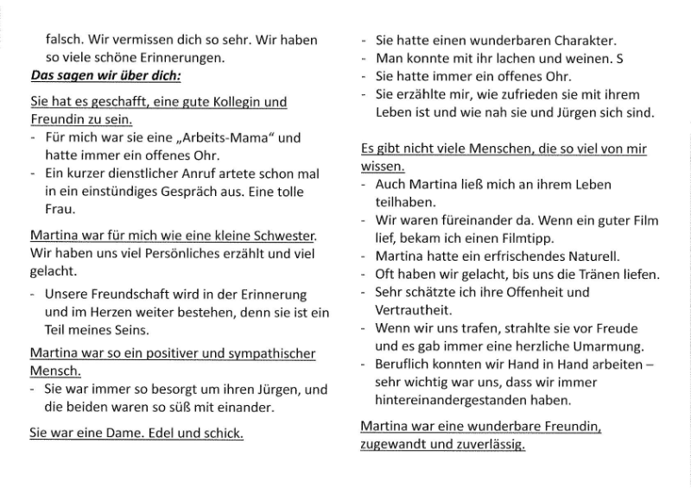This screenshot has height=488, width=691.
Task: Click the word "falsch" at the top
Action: (62, 40)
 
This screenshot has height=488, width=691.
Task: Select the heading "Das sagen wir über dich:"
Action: (105, 76)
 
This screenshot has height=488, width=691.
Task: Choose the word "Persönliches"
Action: (146, 253)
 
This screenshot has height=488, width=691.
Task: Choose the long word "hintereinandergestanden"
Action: (447, 400)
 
